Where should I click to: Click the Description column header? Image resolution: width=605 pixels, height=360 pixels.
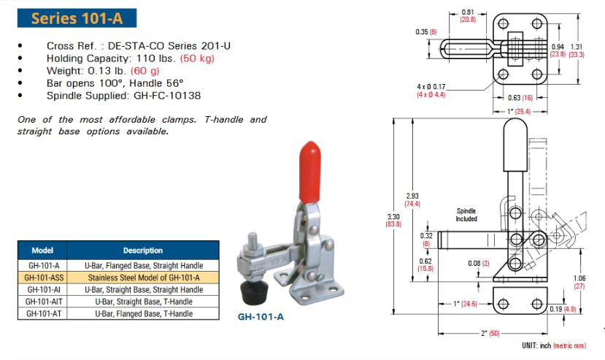(x=142, y=250)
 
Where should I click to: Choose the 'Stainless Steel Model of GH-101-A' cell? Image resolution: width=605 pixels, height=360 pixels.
(x=142, y=277)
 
